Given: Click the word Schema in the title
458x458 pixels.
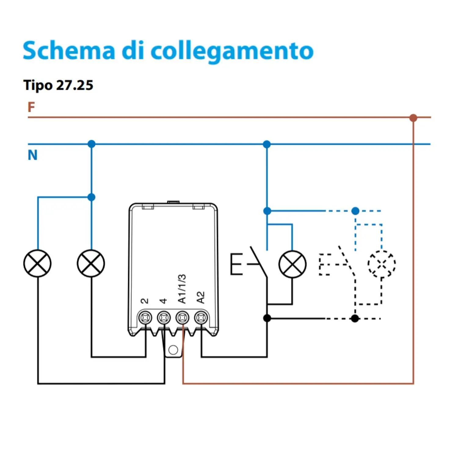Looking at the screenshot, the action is [x=69, y=50].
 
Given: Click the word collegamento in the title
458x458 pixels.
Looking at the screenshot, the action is [x=232, y=51].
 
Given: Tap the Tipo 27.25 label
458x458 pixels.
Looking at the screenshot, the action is [x=58, y=85].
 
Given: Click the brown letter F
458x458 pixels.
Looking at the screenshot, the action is [x=31, y=107].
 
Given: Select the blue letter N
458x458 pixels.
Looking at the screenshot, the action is [x=32, y=155].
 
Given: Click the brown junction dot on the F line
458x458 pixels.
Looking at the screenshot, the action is [x=413, y=118].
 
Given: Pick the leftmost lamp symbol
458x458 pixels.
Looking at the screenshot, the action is [x=37, y=264].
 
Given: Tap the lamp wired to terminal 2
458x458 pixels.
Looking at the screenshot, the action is [x=91, y=264].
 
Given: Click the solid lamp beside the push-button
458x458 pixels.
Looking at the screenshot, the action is [x=292, y=264].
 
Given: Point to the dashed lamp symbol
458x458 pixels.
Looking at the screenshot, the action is [x=382, y=264].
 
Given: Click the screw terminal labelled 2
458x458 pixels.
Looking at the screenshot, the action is [x=145, y=318].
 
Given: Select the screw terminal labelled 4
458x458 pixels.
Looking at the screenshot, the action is [x=164, y=318].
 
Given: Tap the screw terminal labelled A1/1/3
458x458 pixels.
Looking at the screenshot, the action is [x=182, y=318].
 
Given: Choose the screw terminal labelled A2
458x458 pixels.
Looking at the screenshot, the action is [x=201, y=318].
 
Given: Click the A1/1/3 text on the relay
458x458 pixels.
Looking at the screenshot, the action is [x=182, y=289].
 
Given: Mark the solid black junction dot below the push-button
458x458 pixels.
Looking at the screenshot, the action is [x=267, y=318].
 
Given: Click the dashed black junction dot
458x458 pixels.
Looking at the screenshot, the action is [x=355, y=318].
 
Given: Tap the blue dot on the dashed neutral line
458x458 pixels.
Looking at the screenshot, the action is [x=355, y=211].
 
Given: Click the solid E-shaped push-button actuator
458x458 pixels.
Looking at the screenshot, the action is [x=236, y=264].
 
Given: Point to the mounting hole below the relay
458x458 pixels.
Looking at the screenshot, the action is [x=173, y=350].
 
